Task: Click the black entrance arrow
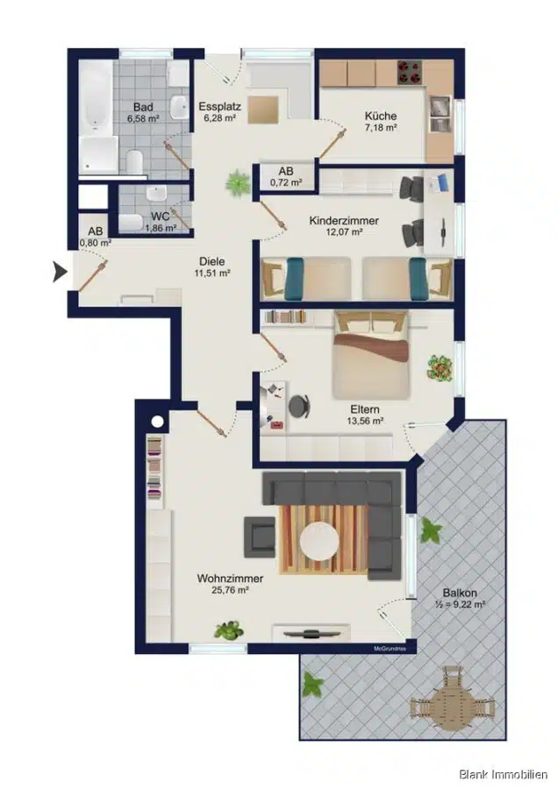tap(60, 273)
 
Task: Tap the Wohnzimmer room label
tap(230, 579)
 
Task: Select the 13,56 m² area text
tap(366, 421)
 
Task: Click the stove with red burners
tap(410, 73)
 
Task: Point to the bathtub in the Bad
tap(97, 98)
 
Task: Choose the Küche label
tap(380, 116)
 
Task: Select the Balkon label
tap(460, 593)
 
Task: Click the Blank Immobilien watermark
tap(503, 774)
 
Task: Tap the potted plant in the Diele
tap(238, 182)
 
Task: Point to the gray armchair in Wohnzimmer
tap(261, 537)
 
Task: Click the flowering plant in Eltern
tap(440, 369)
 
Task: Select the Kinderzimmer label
tap(344, 220)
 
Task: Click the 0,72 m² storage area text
tap(286, 182)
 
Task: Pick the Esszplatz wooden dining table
tap(262, 109)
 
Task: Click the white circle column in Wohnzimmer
tap(157, 421)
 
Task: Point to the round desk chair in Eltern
tap(299, 406)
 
